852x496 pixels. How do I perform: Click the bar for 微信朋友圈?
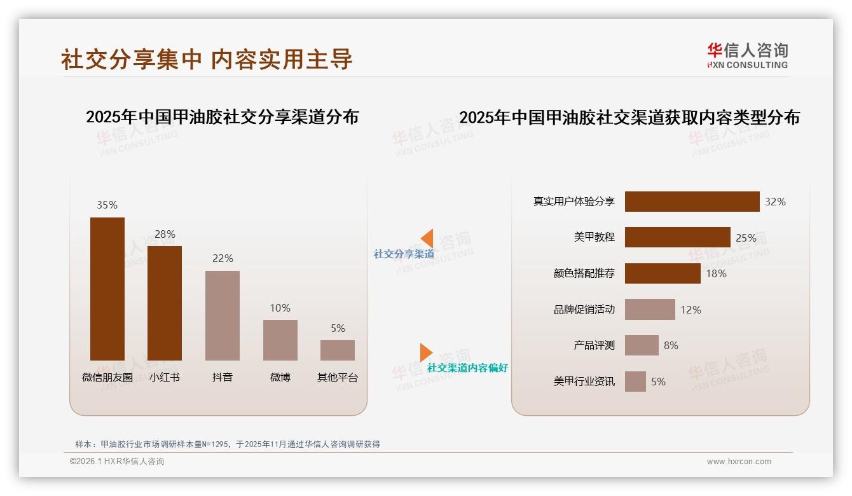click(107, 289)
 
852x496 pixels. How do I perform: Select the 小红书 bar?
click(165, 303)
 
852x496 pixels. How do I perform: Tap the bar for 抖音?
click(223, 315)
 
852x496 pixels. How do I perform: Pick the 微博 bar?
click(280, 340)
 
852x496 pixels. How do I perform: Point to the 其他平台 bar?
click(338, 350)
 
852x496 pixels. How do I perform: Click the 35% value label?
click(107, 205)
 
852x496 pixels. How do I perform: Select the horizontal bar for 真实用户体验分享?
click(692, 202)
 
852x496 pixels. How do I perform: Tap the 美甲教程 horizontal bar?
click(677, 237)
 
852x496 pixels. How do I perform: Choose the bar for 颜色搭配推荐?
click(663, 273)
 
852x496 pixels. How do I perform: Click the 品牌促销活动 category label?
click(584, 310)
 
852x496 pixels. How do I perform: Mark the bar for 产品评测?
click(642, 345)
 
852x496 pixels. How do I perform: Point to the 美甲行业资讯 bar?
click(635, 382)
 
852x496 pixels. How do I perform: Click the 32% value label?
click(775, 202)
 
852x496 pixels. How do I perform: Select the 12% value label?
click(691, 310)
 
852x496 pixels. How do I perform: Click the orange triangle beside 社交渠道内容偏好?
click(425, 352)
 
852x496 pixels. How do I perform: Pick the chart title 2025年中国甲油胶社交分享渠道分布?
click(223, 117)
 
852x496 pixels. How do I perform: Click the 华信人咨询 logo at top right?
click(748, 55)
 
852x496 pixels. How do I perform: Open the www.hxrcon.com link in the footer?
click(739, 462)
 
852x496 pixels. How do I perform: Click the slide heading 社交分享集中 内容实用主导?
click(207, 59)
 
